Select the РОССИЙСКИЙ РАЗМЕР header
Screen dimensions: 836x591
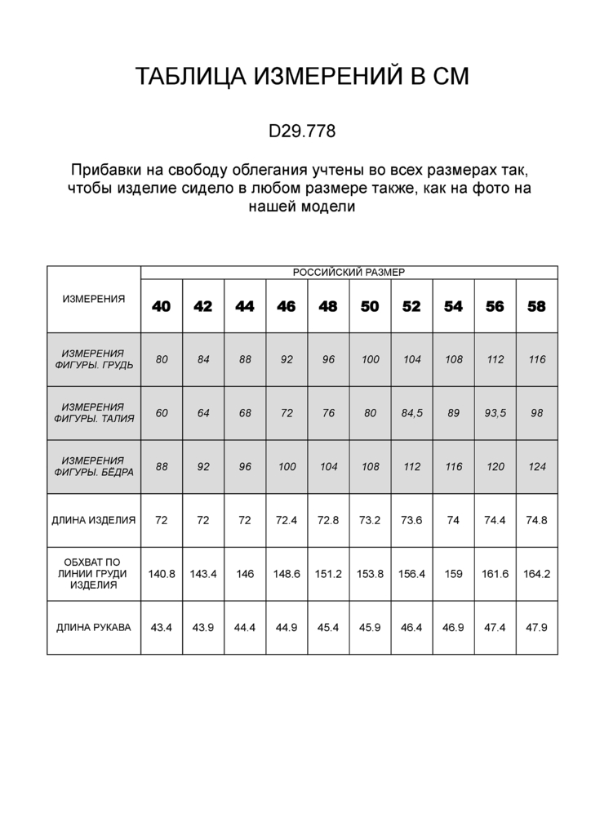click(x=349, y=273)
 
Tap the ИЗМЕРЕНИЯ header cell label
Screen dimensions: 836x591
click(x=94, y=299)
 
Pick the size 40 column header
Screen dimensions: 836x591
click(x=162, y=307)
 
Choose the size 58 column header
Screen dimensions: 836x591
click(x=537, y=307)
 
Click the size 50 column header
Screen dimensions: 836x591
click(x=370, y=307)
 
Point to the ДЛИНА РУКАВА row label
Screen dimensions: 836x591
click(x=94, y=628)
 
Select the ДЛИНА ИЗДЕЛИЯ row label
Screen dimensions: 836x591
click(x=94, y=520)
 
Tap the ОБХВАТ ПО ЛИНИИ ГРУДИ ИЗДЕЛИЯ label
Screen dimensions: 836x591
click(x=94, y=574)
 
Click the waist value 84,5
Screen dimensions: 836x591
click(x=412, y=413)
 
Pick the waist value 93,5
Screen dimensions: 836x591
click(x=495, y=413)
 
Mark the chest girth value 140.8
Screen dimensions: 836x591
click(x=162, y=574)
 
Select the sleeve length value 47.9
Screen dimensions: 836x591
click(x=537, y=628)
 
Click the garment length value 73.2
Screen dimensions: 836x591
click(x=370, y=520)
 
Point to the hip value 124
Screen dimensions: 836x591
click(x=537, y=467)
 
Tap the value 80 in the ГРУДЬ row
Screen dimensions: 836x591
click(x=162, y=360)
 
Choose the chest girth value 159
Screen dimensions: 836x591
click(x=454, y=574)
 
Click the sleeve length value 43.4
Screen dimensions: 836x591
click(x=162, y=628)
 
